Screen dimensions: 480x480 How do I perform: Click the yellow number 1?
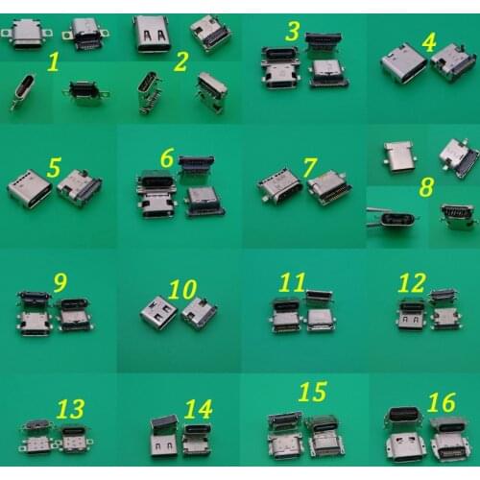(x=55, y=66)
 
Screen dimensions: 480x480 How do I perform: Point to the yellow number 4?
(x=430, y=42)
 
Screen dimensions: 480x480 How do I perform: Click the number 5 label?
(x=55, y=166)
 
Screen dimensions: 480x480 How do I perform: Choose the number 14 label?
(x=197, y=409)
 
